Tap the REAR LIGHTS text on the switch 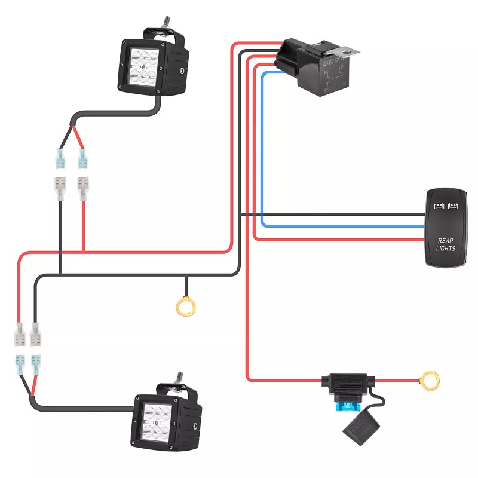(446, 244)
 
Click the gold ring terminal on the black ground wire (186, 307)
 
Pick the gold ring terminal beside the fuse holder (428, 379)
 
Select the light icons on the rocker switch (445, 206)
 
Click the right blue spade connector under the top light (83, 160)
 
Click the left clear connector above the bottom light (20, 335)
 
